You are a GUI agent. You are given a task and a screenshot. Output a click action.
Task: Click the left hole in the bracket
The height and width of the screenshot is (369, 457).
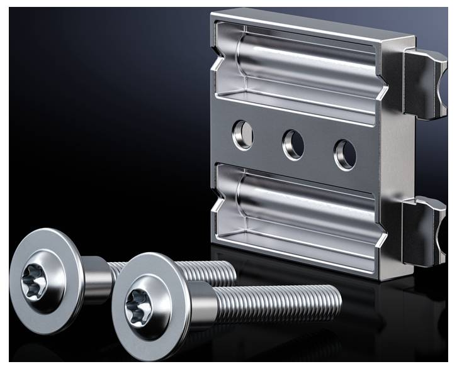point(243,134)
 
